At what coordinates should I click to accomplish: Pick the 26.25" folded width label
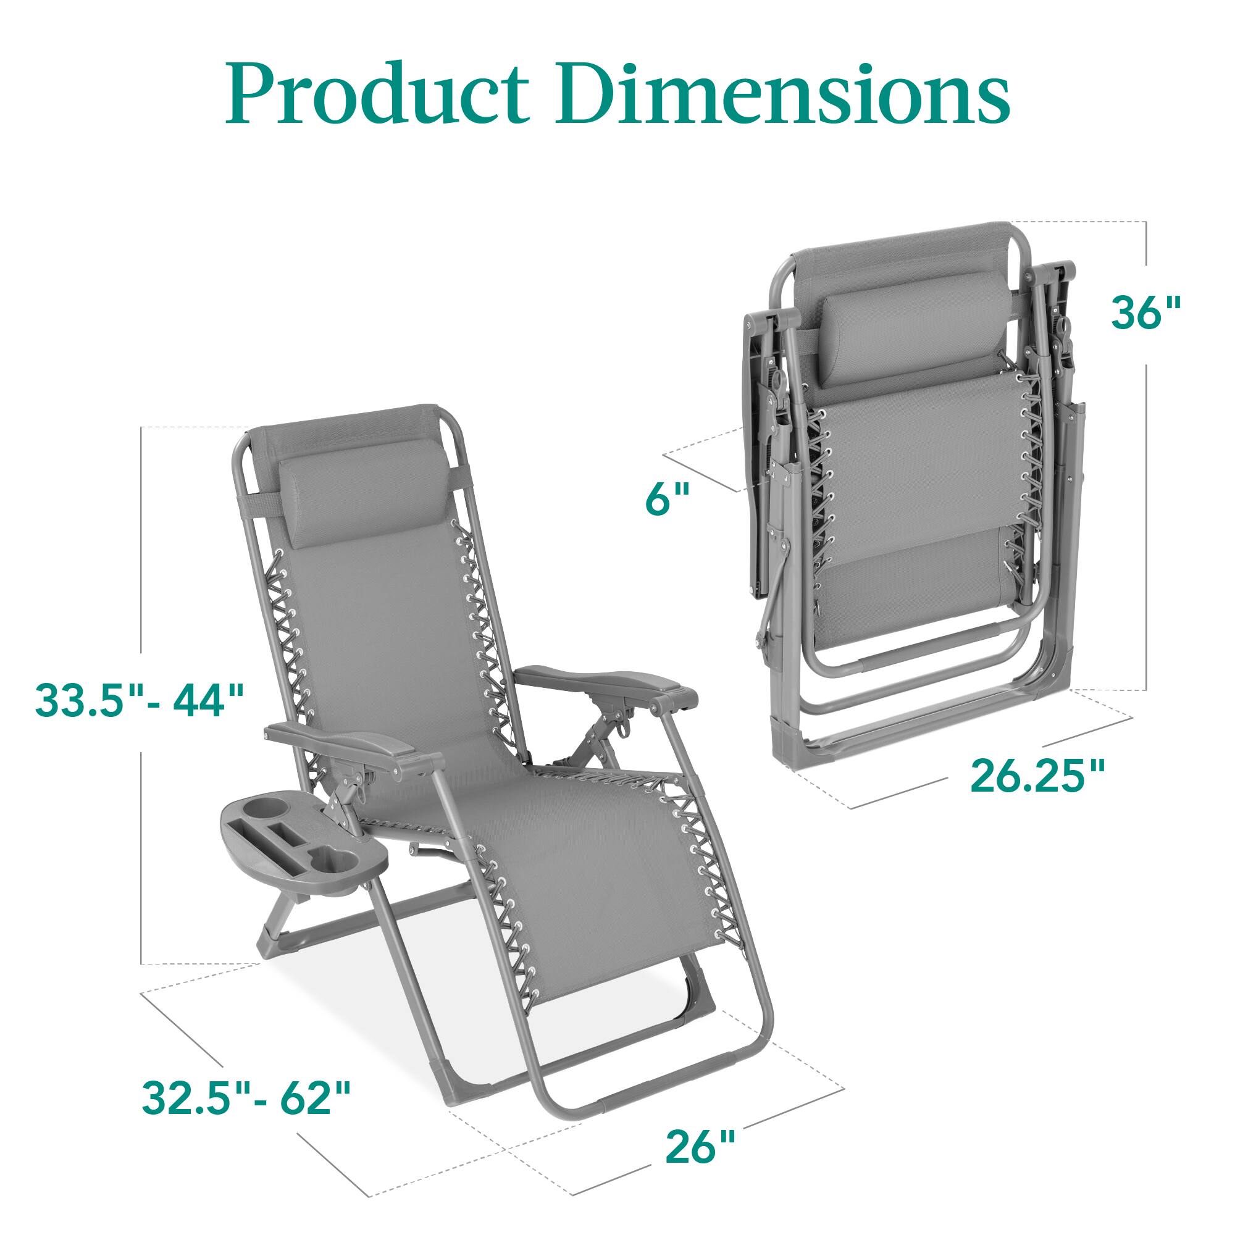point(1037,776)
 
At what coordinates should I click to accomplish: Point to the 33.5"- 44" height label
point(140,700)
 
